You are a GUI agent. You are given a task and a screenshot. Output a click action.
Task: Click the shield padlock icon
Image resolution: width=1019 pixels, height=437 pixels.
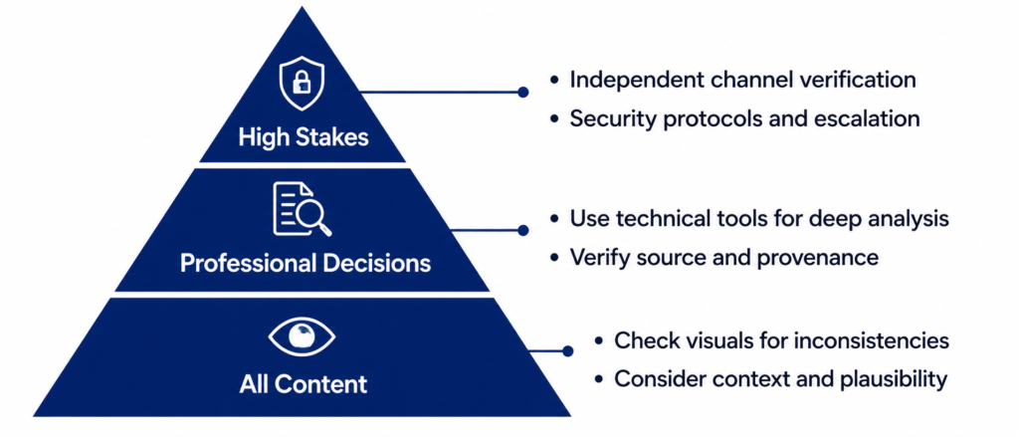coord(301,84)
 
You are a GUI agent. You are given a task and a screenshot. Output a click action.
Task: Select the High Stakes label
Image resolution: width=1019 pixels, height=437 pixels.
coord(304,137)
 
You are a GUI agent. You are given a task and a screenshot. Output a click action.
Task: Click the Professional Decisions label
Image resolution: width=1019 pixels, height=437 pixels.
coord(306,263)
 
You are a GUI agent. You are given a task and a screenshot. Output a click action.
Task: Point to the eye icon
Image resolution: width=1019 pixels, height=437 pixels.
coord(302,336)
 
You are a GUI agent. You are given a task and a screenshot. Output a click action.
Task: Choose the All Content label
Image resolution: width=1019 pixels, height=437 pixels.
coord(303,383)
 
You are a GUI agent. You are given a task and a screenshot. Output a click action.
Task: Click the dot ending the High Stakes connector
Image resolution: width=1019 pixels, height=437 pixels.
coord(523,93)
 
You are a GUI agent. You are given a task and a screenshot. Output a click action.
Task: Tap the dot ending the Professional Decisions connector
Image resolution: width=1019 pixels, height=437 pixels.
coord(523,230)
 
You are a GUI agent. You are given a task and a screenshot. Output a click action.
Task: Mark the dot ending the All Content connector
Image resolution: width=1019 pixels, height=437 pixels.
coord(567,351)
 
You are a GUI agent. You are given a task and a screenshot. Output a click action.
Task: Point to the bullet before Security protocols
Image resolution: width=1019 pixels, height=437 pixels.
coord(553,118)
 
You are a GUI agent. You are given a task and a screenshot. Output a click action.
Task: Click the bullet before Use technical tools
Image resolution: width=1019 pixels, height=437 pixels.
coord(553,219)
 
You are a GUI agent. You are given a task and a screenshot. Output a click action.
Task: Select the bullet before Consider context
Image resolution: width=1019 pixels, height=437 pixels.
coord(599,379)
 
